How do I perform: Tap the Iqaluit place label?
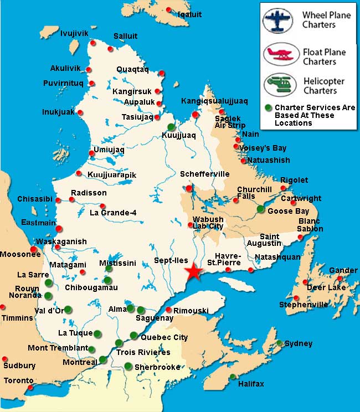click(x=189, y=15)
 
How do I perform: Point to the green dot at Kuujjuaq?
click(x=171, y=127)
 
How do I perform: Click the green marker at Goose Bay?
click(x=260, y=209)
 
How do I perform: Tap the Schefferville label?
click(x=204, y=174)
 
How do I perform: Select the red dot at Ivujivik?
click(x=93, y=43)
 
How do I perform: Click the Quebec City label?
click(x=164, y=337)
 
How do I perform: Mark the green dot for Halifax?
click(x=233, y=377)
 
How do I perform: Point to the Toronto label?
click(x=19, y=380)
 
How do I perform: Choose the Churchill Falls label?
click(x=254, y=192)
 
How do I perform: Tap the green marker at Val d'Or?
click(x=68, y=310)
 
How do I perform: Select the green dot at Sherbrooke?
click(x=128, y=365)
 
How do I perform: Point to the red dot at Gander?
click(x=340, y=277)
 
